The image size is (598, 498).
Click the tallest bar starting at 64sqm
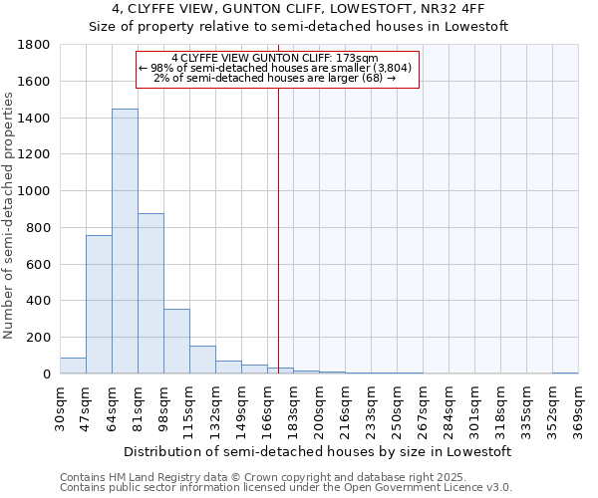point(125,241)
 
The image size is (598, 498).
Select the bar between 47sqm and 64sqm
point(99,304)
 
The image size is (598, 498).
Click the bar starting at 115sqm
point(202,360)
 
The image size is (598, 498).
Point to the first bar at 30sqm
point(73,366)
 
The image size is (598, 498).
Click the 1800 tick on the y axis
point(35,45)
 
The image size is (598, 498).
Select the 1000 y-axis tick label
point(35,191)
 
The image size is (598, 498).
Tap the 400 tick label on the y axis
point(40,301)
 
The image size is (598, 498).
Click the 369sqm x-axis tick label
point(578,410)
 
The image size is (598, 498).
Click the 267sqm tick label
point(423,410)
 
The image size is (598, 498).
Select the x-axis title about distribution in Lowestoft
point(319,451)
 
